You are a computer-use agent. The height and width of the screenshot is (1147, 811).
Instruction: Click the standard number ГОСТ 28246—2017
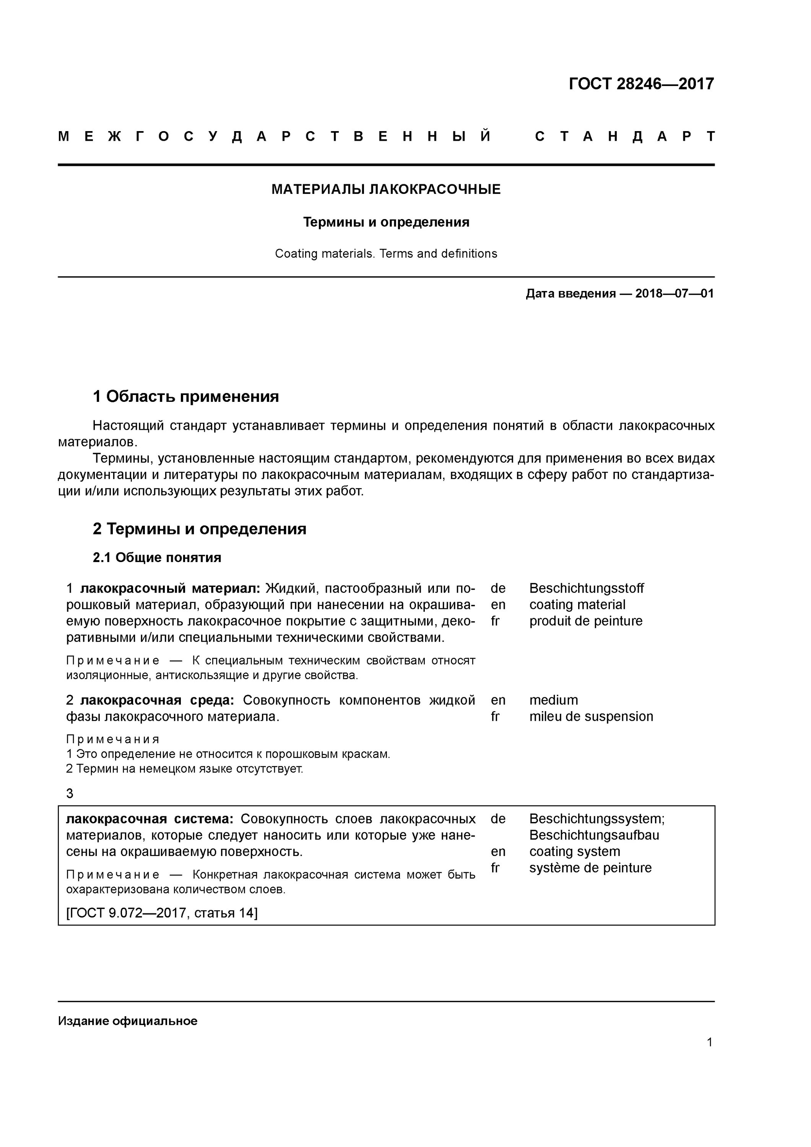click(x=641, y=83)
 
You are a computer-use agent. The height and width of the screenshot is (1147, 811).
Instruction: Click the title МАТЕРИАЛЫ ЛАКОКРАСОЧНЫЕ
click(x=386, y=189)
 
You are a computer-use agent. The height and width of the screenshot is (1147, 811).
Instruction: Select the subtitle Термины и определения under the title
click(x=386, y=222)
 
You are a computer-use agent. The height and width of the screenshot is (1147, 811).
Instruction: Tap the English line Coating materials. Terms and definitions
click(x=386, y=254)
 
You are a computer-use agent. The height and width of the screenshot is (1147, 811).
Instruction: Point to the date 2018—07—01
click(x=674, y=294)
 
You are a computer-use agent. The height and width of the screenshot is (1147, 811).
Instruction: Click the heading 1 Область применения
click(x=185, y=396)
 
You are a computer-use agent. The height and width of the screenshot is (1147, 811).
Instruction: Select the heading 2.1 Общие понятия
click(x=157, y=557)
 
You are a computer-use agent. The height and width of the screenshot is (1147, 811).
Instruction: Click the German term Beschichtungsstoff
click(x=586, y=588)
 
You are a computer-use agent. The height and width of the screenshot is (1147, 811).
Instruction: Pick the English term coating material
click(x=577, y=604)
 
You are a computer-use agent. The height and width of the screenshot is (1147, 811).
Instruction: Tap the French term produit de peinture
click(x=586, y=621)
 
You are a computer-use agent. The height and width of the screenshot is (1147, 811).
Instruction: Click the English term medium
click(x=553, y=700)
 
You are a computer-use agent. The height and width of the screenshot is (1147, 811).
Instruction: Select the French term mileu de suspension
click(x=591, y=716)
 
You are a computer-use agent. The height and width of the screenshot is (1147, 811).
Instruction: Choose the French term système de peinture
click(x=590, y=868)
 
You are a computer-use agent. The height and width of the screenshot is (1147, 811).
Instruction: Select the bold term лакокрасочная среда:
click(x=156, y=700)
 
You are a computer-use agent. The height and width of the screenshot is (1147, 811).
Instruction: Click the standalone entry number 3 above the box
click(x=70, y=793)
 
